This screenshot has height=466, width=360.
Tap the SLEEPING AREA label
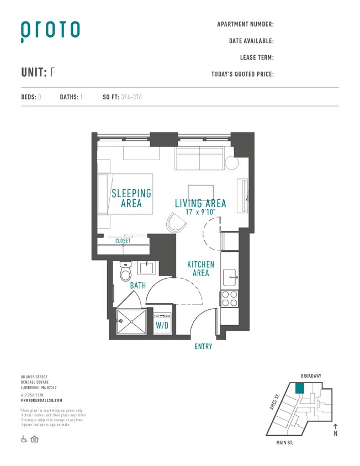131,198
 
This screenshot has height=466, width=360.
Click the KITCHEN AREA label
200,269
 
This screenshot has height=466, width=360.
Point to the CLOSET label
123,241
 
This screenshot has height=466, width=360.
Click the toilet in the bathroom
126,273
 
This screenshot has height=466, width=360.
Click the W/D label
162,326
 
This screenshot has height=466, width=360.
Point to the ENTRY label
203,347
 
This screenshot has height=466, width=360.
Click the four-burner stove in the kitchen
229,298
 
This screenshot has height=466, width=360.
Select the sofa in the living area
200,160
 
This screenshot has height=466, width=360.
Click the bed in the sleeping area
125,194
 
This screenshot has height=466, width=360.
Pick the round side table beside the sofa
231,163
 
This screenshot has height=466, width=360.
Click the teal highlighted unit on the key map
299,388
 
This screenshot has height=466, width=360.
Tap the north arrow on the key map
335,429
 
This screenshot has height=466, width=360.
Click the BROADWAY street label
311,376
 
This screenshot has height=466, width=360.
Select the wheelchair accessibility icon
24,439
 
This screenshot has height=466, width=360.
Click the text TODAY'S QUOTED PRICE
242,74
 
